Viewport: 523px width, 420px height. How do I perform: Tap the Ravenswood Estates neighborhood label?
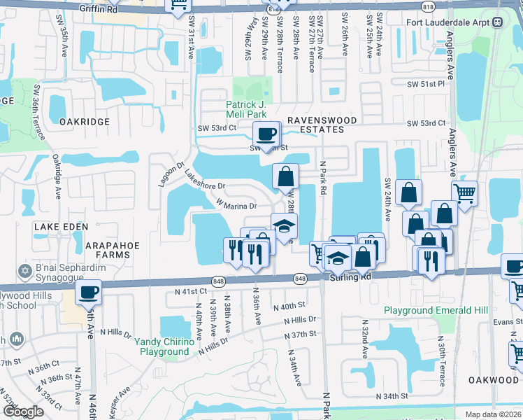(310, 120)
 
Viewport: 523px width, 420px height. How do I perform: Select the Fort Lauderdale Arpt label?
(450, 22)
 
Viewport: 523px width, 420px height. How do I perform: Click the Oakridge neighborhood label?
(85, 121)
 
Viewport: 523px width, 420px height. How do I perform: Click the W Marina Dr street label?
(237, 205)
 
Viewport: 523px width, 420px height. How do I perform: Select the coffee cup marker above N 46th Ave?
(88, 292)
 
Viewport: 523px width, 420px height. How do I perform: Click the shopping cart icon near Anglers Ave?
(464, 192)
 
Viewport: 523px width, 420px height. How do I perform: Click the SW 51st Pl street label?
(427, 84)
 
